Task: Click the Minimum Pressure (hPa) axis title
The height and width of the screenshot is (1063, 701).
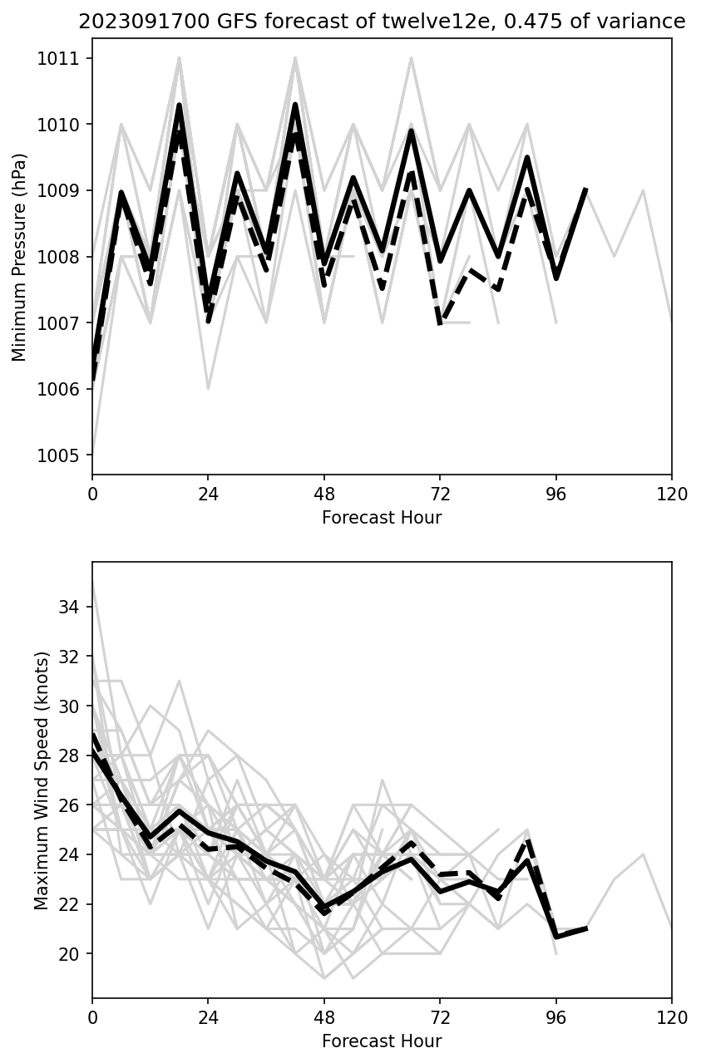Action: [x=20, y=257]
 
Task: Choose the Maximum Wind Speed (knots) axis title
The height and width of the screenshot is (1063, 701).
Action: [x=42, y=780]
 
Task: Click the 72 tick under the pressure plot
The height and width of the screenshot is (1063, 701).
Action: [x=440, y=494]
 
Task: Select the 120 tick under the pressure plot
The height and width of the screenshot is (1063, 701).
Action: [x=671, y=494]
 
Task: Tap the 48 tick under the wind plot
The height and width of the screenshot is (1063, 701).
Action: [x=324, y=1017]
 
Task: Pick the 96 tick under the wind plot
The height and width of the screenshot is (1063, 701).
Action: [x=555, y=1017]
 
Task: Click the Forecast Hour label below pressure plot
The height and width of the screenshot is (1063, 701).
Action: [x=382, y=518]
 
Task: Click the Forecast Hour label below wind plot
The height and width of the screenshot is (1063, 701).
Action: [x=382, y=1041]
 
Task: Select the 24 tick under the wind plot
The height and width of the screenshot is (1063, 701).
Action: [x=208, y=1017]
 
